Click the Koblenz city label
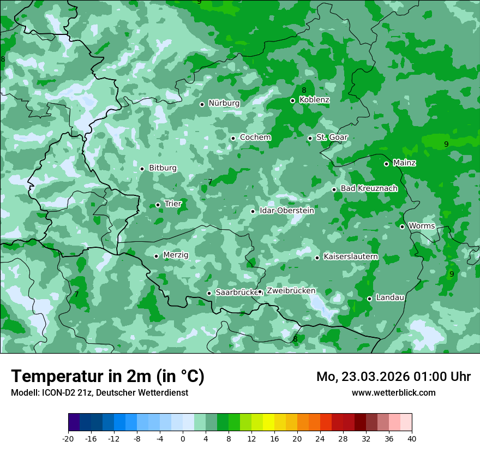314,100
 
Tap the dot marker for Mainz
386,164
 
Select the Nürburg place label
224,103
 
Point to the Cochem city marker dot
233,138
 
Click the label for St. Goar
332,138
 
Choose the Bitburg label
163,168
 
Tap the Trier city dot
158,205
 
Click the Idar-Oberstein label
286,211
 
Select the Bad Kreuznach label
369,188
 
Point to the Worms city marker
402,226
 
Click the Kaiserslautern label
351,257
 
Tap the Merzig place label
176,255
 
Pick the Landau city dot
369,299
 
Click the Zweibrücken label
291,291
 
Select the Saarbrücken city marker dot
209,293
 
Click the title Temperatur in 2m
107,376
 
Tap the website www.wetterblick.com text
393,392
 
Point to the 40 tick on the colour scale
411,439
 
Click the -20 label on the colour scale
68,439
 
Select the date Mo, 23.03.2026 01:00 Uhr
393,377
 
